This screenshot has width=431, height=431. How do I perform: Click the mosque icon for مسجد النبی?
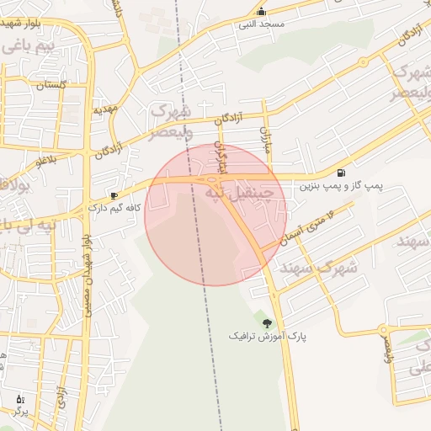click(261, 12)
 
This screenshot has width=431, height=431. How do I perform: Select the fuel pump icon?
click(340, 173)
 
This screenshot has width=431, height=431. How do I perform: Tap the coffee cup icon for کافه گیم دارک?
click(114, 195)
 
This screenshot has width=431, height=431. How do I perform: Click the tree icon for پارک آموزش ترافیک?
click(268, 322)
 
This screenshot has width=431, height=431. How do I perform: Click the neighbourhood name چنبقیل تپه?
click(241, 193)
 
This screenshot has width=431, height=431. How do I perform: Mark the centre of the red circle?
click(215, 214)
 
